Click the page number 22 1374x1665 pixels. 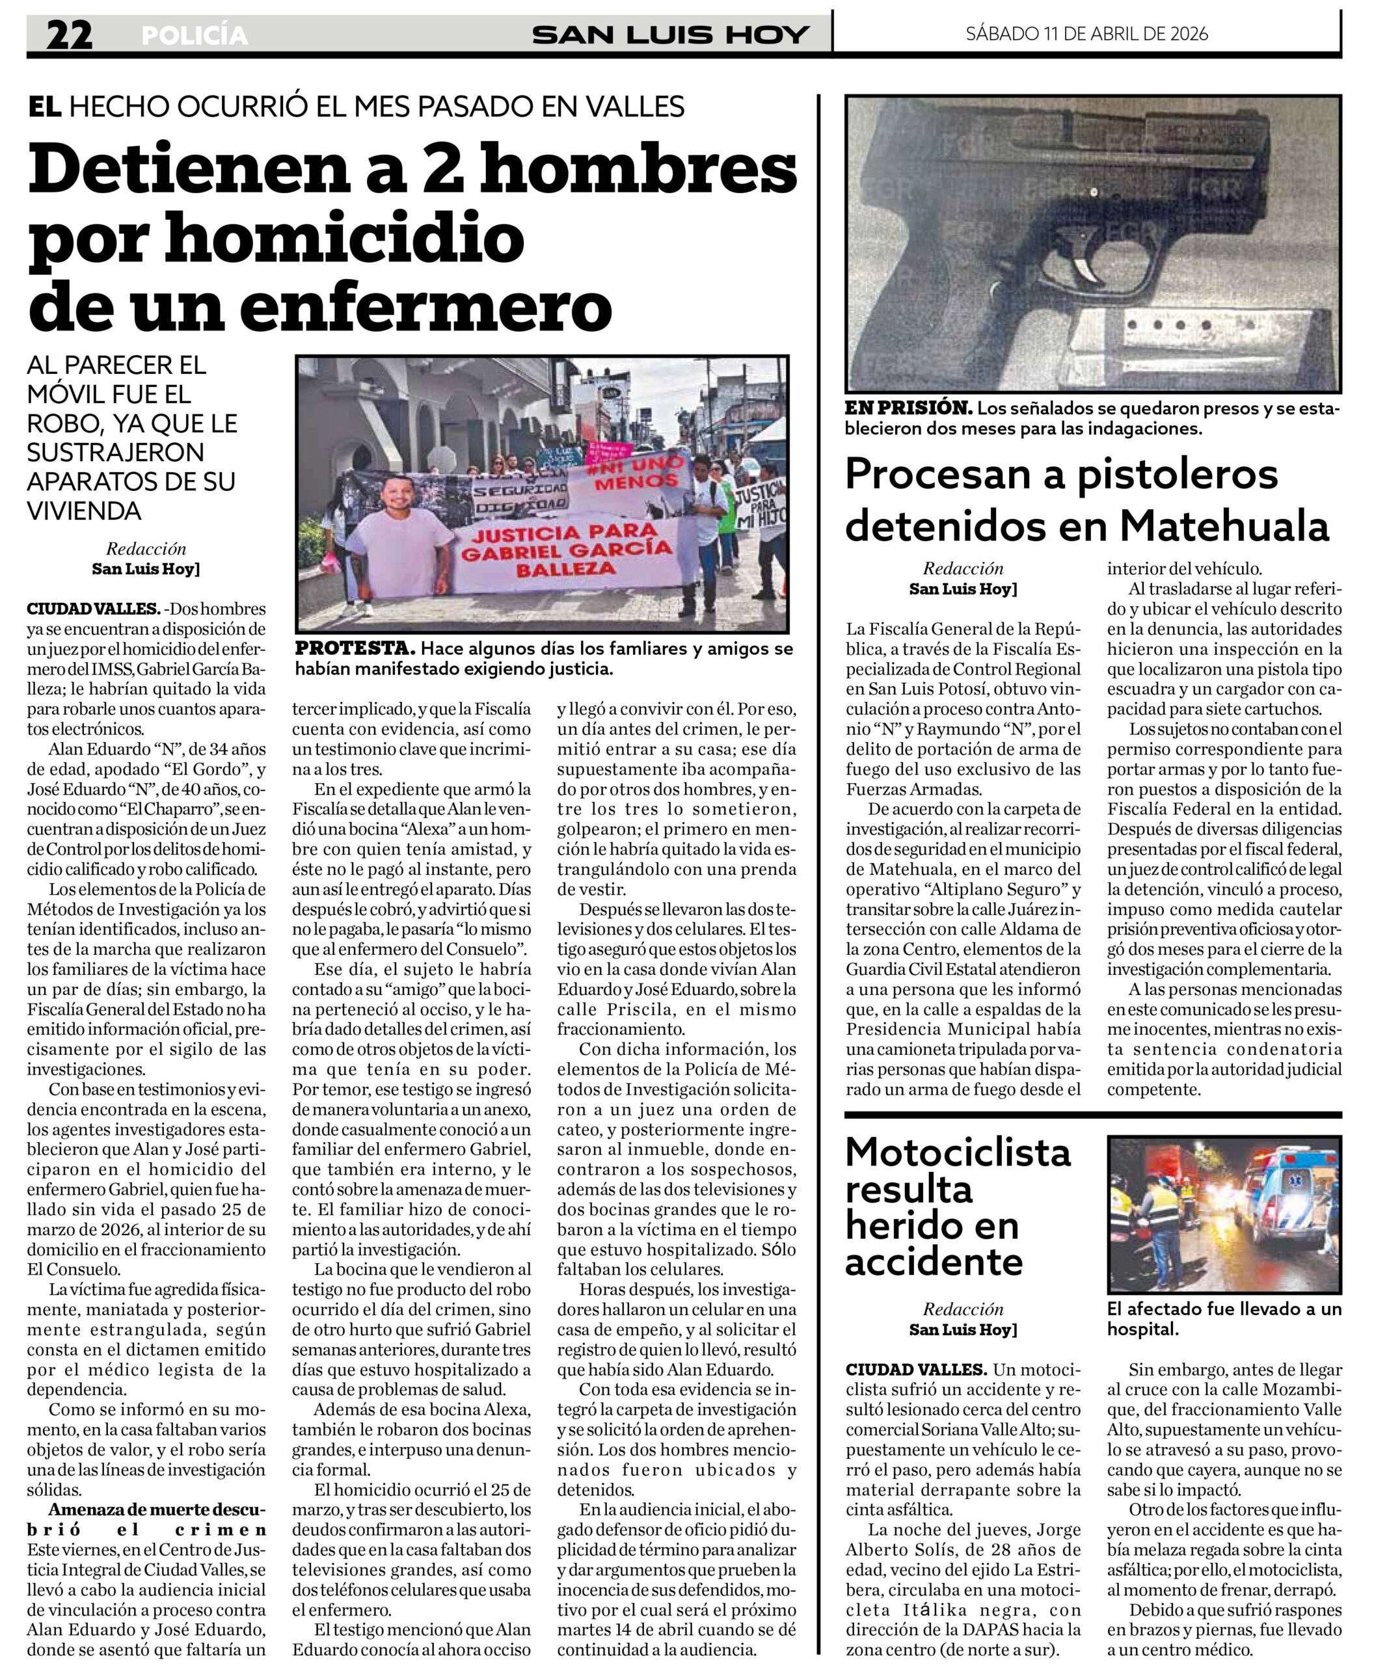[x=69, y=35]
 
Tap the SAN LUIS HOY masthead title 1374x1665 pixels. [x=670, y=35]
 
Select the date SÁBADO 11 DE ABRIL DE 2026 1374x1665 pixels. [x=1086, y=33]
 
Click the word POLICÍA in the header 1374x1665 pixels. [x=195, y=36]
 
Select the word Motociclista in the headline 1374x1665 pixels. [x=958, y=1153]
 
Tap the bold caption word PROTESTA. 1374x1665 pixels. [x=355, y=648]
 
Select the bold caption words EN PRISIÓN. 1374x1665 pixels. [x=908, y=408]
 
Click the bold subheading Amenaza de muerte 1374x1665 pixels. [x=147, y=1509]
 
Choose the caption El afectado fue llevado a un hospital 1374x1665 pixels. [x=1224, y=1318]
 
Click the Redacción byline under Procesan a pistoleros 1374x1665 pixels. [x=962, y=568]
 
